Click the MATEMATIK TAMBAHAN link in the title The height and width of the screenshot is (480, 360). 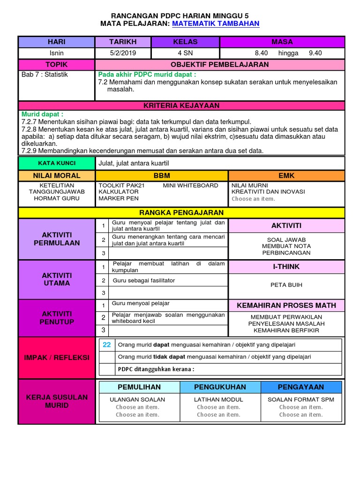(216, 23)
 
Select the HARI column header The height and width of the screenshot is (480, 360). (56, 42)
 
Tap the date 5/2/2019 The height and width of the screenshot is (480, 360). (123, 53)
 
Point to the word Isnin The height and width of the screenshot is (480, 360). (56, 53)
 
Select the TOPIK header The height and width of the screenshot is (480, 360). (56, 64)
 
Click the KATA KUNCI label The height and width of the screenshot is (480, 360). (56, 163)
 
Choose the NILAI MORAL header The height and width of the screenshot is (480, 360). (56, 175)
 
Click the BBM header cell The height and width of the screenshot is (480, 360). (162, 175)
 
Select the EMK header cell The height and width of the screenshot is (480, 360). (286, 175)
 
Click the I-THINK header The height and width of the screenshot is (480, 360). (286, 266)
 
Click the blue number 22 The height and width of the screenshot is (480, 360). (107, 345)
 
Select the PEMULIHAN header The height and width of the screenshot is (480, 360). (139, 387)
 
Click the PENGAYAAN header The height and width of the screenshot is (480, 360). (301, 387)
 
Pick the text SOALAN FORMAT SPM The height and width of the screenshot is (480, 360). (301, 399)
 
